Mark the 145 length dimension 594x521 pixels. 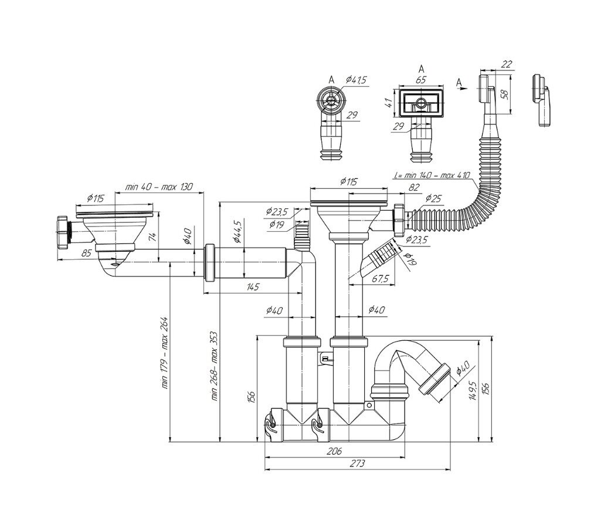(253, 287)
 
